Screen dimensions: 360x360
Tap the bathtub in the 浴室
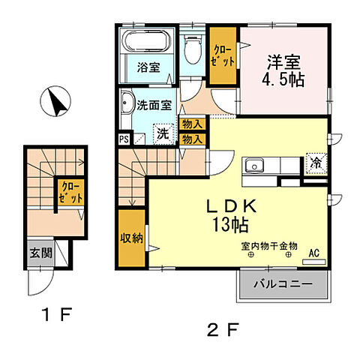click(x=146, y=40)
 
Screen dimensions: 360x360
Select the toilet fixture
click(x=193, y=49)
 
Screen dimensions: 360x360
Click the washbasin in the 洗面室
click(x=127, y=103)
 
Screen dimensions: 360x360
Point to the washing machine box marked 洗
click(x=163, y=134)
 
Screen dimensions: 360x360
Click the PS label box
click(x=124, y=139)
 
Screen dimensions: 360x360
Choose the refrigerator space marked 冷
click(x=316, y=163)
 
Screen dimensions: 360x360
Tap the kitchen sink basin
click(x=254, y=166)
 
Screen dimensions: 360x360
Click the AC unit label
click(x=314, y=253)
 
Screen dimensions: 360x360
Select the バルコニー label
click(x=283, y=284)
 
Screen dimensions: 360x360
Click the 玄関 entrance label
click(x=40, y=253)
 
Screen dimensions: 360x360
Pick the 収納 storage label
click(x=132, y=238)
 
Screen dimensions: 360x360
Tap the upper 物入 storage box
click(x=192, y=124)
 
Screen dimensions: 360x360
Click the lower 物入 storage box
click(x=192, y=139)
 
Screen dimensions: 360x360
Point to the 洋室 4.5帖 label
click(x=283, y=70)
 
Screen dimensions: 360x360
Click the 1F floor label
click(x=57, y=314)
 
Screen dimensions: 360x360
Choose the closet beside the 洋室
click(x=223, y=55)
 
